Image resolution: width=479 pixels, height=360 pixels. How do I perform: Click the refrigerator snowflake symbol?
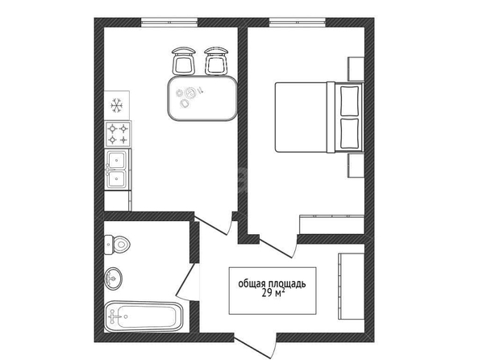117,106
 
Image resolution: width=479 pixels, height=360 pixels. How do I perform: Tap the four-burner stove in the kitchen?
118,134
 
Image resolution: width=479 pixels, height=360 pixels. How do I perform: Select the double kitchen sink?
118,170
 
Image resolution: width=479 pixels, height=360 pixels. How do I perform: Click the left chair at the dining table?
183,61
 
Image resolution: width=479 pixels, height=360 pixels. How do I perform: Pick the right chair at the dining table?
216,61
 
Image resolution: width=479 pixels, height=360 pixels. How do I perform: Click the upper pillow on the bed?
349,101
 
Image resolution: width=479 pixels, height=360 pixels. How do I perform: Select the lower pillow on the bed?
349,132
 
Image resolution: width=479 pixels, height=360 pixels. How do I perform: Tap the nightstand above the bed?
356,69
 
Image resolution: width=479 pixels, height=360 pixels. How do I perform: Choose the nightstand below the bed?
356,165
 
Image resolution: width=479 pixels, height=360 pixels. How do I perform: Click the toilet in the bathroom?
117,245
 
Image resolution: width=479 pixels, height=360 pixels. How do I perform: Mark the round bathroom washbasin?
113,278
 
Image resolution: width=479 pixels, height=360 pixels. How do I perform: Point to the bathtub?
144,316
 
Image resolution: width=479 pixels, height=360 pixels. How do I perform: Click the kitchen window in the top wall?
169,23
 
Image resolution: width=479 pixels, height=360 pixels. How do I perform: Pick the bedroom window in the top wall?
298,23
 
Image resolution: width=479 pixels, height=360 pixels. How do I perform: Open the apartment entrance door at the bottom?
256,345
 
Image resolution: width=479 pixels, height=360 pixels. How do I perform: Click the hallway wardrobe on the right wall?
351,287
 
